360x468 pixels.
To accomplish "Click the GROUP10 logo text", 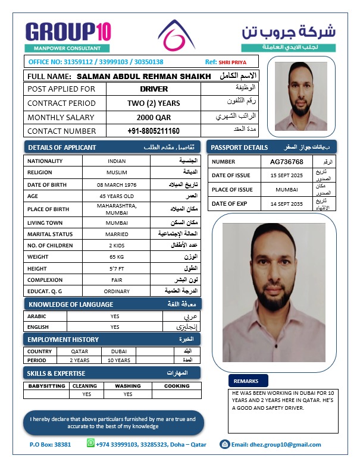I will tap(68, 31).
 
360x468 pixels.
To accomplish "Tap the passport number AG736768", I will tap(286, 162).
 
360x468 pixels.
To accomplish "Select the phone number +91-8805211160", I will tap(154, 131).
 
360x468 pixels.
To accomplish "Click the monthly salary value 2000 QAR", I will tap(154, 117).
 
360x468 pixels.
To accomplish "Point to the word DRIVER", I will tap(154, 89).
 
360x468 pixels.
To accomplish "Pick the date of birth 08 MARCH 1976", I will tap(117, 185).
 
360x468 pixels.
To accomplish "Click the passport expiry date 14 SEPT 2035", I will tap(286, 204).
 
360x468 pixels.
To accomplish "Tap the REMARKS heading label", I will tap(246, 381).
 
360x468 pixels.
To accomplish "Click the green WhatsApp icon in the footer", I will tap(90, 444).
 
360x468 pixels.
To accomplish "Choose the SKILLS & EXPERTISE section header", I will tap(57, 373).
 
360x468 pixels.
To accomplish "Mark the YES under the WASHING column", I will tap(128, 394).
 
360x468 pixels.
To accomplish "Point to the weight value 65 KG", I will tap(117, 257).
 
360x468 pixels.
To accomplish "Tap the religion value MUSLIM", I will tap(117, 172).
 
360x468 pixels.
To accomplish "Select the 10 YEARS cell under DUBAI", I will tap(118, 360).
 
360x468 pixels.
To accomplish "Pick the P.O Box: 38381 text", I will tap(50, 444).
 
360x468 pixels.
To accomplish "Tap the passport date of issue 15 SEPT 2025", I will tap(286, 175).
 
